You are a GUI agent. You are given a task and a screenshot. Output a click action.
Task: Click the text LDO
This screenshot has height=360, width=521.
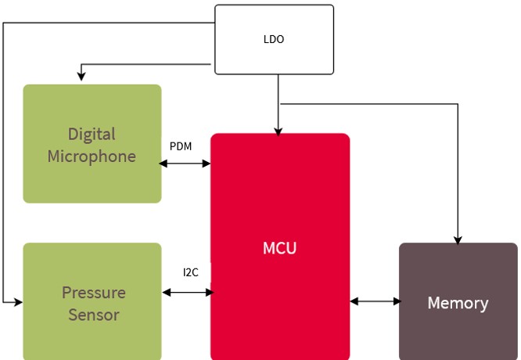click(x=274, y=39)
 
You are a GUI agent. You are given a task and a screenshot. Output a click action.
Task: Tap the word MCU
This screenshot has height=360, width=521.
click(x=279, y=249)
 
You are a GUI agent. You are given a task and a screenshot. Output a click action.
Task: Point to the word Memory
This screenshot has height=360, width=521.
click(x=458, y=303)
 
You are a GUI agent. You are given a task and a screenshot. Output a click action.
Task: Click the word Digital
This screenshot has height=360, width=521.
click(x=92, y=134)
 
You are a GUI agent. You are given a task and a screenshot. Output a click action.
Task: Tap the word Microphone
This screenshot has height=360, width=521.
click(x=92, y=157)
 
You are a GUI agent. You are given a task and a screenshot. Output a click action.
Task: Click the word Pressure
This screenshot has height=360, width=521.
click(x=93, y=293)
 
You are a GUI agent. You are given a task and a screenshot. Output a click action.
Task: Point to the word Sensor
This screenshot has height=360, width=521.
click(x=93, y=315)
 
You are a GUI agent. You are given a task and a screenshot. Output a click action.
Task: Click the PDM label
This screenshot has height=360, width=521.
click(x=181, y=146)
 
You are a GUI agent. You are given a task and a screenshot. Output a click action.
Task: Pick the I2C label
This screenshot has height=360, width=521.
click(x=191, y=272)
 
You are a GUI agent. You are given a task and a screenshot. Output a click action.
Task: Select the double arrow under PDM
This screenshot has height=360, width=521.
click(x=185, y=164)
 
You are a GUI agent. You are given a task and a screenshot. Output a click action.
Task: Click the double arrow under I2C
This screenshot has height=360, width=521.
click(x=188, y=293)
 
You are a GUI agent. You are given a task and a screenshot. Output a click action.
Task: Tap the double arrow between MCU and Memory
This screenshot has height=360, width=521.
click(x=375, y=301)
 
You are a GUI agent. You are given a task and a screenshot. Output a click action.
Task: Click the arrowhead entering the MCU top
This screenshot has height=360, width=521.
click(x=278, y=131)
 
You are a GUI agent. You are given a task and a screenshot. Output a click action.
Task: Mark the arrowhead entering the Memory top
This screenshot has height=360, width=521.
click(x=458, y=239)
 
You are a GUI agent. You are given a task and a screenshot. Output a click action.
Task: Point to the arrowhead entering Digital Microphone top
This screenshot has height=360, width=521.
click(x=81, y=76)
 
